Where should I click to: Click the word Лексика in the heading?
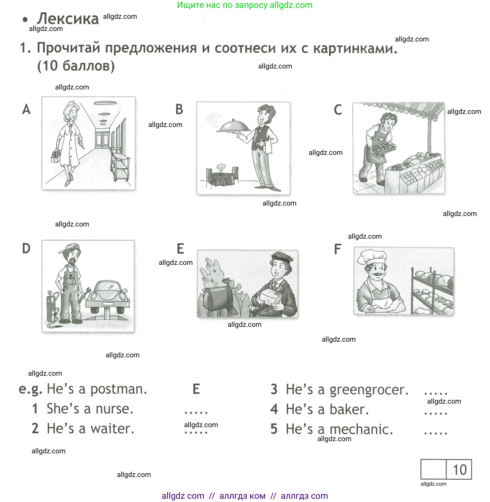click(68, 19)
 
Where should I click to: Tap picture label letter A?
click(26, 109)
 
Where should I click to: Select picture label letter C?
click(338, 110)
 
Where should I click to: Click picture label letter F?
click(337, 249)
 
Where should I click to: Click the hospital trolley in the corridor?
click(120, 165)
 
